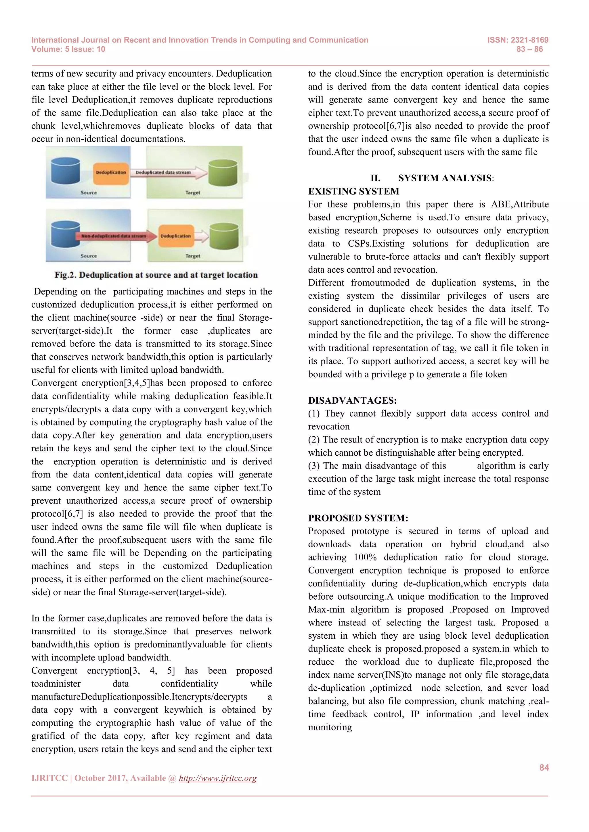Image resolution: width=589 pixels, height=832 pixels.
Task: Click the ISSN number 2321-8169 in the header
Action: (x=529, y=40)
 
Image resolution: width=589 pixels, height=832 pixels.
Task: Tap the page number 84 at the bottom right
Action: (x=544, y=767)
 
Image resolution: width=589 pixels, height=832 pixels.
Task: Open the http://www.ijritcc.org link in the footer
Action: (x=218, y=778)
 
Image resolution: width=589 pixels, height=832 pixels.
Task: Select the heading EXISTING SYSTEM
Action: (x=354, y=191)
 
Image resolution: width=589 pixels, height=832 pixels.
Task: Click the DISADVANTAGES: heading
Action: (x=352, y=400)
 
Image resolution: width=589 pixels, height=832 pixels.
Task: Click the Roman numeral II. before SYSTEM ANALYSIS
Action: (x=375, y=178)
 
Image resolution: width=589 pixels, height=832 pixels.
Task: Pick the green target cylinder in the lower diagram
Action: (x=224, y=236)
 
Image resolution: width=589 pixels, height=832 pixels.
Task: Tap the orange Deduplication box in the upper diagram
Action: (x=111, y=172)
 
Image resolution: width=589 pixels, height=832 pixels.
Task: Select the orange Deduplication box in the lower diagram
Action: (x=175, y=236)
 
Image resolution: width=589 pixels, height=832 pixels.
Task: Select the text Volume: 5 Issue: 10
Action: (x=68, y=49)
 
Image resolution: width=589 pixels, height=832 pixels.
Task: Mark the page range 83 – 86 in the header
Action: (x=529, y=49)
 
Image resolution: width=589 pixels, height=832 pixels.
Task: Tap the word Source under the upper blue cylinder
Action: (x=89, y=193)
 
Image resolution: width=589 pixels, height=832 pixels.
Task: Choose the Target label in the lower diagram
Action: (x=193, y=256)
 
